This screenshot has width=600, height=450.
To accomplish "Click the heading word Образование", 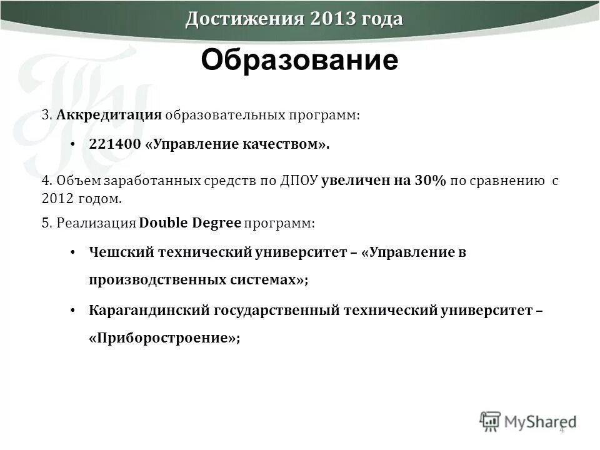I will point(299,61).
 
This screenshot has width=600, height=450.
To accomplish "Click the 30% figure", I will point(429,181).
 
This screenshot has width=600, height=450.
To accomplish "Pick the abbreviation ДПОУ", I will point(298,181).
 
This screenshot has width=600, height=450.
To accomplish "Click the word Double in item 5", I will point(164,222).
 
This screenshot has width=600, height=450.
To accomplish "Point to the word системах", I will point(275,281).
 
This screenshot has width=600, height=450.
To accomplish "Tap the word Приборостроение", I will point(164,338).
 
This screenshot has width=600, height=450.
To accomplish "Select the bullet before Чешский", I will point(72,253).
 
